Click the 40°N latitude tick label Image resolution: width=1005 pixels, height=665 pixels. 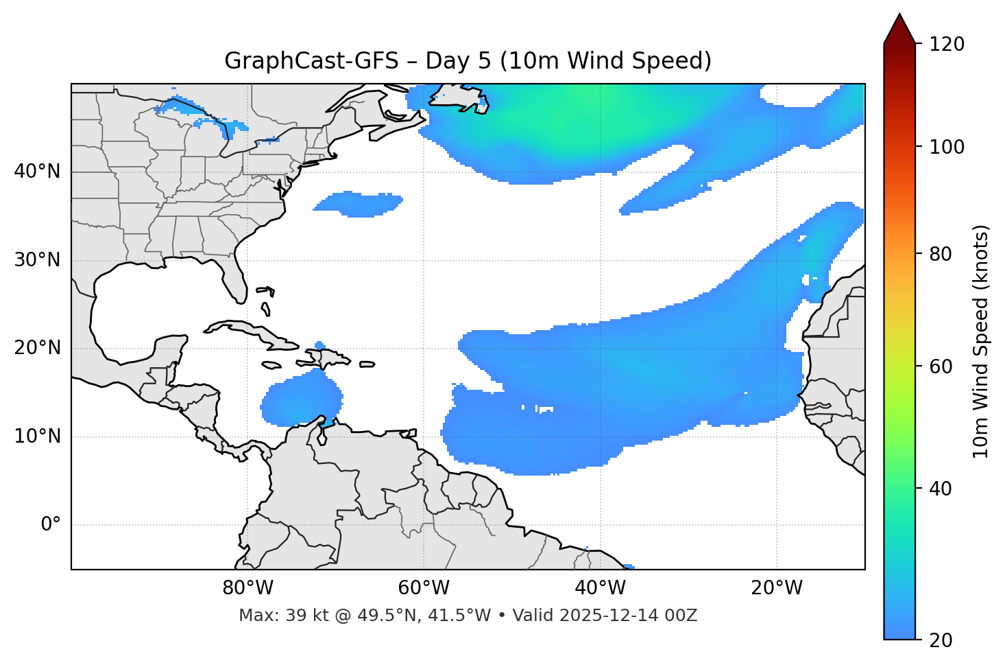[x=37, y=172]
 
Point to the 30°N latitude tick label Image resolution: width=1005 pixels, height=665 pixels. [x=37, y=260]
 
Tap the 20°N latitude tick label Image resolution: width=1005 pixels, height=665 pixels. [x=37, y=348]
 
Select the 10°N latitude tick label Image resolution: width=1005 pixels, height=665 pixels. [x=37, y=436]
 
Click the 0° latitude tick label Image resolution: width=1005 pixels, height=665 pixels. [x=50, y=525]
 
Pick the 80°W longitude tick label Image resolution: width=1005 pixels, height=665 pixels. [x=247, y=588]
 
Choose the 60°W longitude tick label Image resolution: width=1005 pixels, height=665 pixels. [x=424, y=588]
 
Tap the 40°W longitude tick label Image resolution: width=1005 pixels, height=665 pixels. [x=600, y=588]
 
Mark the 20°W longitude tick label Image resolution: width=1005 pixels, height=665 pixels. [x=776, y=588]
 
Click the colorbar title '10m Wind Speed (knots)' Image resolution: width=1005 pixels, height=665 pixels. [x=981, y=342]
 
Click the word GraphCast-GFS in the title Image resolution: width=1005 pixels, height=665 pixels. [x=311, y=61]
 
